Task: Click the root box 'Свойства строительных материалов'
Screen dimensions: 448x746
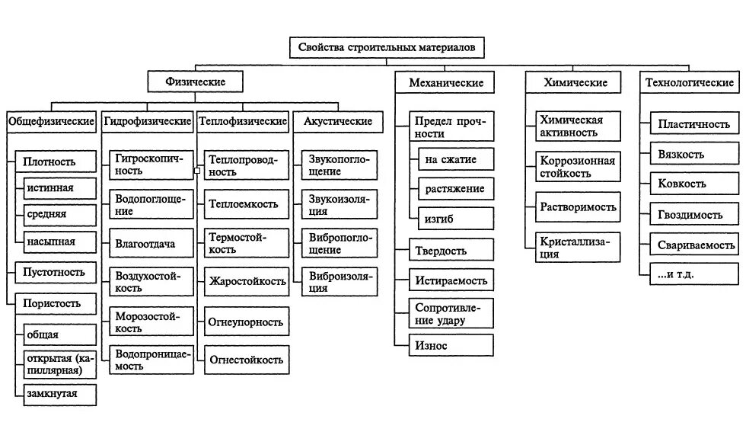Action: click(x=387, y=47)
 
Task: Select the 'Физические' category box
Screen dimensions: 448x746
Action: click(x=196, y=81)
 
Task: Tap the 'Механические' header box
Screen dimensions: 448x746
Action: click(x=445, y=82)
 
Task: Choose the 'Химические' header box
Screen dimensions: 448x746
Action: click(x=575, y=82)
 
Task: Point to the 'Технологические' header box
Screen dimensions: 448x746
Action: click(x=689, y=82)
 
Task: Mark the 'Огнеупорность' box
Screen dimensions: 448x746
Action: click(x=246, y=322)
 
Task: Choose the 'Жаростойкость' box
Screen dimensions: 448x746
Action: click(x=246, y=281)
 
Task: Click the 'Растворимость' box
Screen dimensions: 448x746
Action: click(x=578, y=206)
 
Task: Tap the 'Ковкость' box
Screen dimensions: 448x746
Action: click(x=693, y=184)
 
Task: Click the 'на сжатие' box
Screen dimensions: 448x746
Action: click(x=456, y=159)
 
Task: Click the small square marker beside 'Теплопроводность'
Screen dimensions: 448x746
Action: click(x=197, y=171)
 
